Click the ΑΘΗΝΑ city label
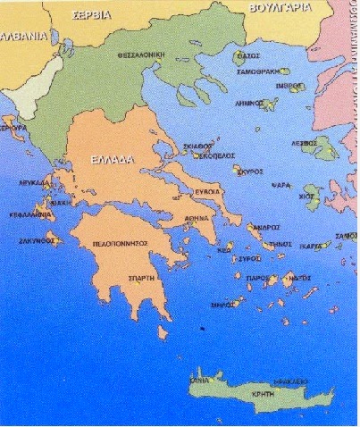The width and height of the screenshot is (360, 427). click(x=197, y=227)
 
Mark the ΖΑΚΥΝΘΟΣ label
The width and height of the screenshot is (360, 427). click(x=38, y=239)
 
